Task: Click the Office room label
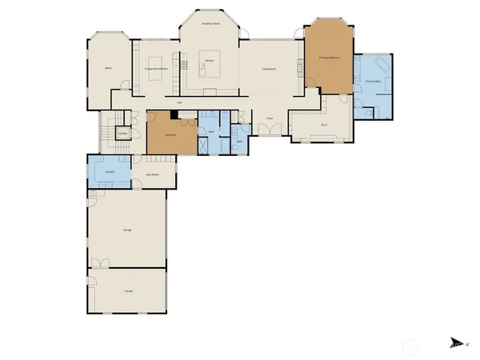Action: click(108, 69)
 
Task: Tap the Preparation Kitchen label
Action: click(156, 69)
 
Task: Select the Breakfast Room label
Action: click(211, 25)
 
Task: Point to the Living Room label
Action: click(270, 69)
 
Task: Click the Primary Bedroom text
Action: click(330, 58)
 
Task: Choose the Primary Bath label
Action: click(373, 82)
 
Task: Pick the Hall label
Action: click(180, 102)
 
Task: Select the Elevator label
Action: click(123, 133)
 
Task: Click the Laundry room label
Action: click(110, 171)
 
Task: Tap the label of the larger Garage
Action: click(127, 230)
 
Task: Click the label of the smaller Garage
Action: click(129, 290)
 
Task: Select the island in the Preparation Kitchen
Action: click(156, 62)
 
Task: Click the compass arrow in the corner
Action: click(455, 342)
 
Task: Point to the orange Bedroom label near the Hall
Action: click(170, 134)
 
